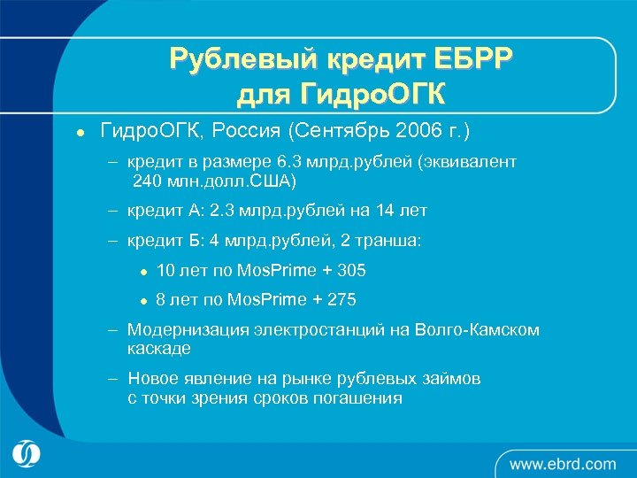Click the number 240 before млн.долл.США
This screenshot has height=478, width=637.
149,181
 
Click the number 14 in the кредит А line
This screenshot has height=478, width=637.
383,211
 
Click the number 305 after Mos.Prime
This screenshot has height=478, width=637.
350,270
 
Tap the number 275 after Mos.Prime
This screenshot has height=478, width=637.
342,300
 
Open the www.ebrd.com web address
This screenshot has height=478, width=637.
563,463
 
